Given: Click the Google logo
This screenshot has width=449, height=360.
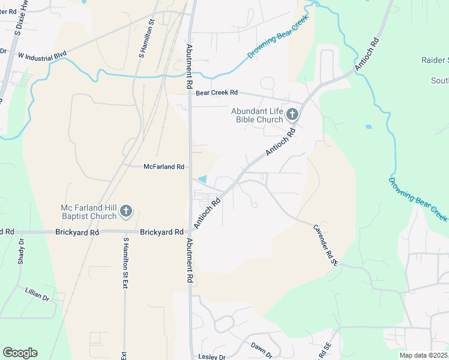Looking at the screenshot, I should click(x=20, y=353).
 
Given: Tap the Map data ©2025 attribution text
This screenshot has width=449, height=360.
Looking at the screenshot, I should click(x=423, y=355).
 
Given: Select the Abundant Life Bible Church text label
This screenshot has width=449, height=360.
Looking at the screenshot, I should click(x=258, y=115).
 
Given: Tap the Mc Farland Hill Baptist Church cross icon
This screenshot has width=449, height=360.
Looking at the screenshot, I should click(x=126, y=211).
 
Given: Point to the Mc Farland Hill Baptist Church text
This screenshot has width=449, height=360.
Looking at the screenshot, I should click(x=89, y=212).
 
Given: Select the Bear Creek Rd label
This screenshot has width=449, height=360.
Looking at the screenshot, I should click(x=217, y=93).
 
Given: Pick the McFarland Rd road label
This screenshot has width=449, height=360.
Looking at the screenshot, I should click(x=163, y=167).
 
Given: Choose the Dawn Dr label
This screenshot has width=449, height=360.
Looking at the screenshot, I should click(x=262, y=347).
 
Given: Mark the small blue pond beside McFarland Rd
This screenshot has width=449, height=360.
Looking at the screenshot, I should click(x=203, y=179).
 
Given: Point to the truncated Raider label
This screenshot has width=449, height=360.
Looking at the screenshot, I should click(x=436, y=61).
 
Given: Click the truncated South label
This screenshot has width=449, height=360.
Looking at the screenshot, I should click(x=439, y=80).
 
